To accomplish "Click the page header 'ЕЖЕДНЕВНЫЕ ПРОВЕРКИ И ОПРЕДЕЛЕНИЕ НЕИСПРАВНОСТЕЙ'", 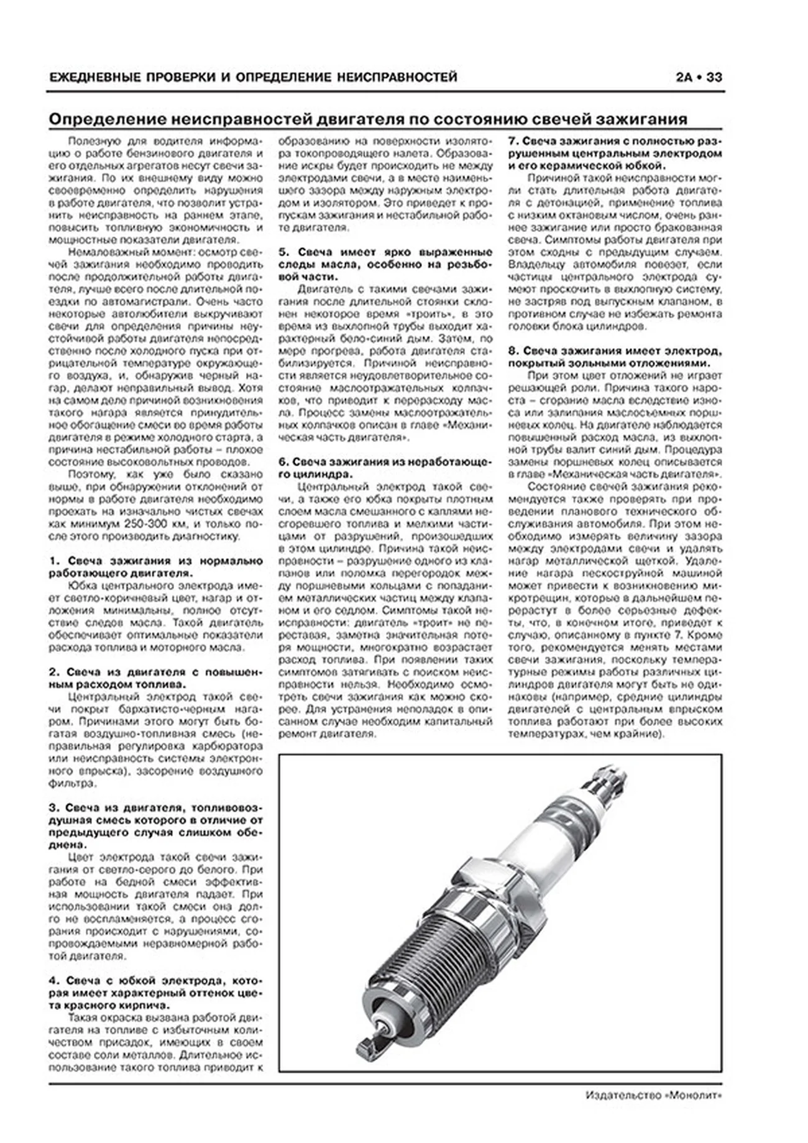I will point(253,77).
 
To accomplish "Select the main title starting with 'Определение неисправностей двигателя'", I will point(368,119).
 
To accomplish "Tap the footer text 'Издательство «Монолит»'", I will point(654,1112).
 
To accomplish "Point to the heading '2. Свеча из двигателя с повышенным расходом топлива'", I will point(155,678).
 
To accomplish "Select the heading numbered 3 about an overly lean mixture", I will point(155,827).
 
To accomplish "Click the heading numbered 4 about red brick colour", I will point(155,993).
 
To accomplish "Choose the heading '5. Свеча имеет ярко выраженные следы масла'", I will point(385,264).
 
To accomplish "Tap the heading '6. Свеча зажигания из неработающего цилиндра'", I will point(385,468).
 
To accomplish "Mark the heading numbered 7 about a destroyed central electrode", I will point(615,153).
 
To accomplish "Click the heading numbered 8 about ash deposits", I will point(615,357).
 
